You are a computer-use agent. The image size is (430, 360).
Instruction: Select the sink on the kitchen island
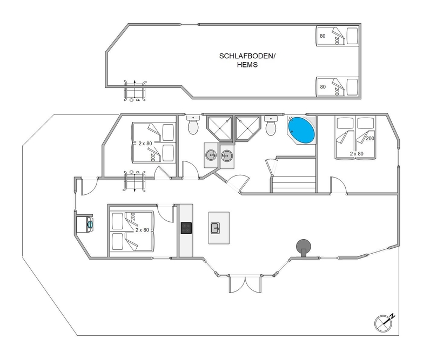[215, 227]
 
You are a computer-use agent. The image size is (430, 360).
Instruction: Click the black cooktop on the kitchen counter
[186, 228]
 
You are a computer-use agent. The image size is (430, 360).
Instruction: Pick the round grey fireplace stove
[303, 246]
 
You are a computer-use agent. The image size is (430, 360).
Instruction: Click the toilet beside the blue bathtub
[271, 125]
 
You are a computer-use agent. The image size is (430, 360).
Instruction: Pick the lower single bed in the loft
[337, 86]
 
